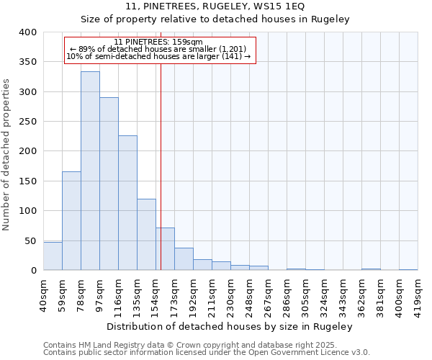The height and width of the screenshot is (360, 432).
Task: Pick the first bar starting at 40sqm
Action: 53,256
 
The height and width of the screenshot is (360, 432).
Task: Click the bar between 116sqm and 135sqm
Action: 127,203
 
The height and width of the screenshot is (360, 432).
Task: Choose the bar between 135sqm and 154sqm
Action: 146,235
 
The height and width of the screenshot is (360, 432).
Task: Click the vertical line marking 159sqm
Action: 161,166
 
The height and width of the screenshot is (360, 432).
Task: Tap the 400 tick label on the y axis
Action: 27,32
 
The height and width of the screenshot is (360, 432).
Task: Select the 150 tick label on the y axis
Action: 27,181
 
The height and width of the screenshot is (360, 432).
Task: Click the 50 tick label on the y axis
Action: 30,240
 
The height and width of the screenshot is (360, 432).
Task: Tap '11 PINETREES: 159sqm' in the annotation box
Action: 158,42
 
